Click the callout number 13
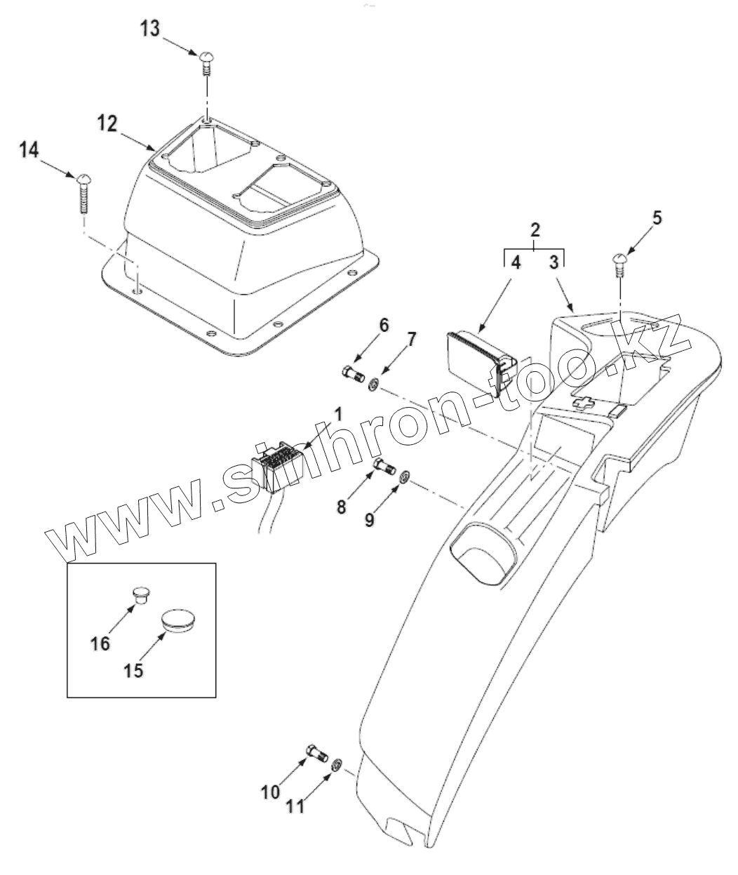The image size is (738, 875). (x=149, y=30)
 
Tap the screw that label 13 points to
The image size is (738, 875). (x=206, y=61)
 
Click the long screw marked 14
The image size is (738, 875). (x=83, y=189)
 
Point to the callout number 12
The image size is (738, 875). (x=107, y=123)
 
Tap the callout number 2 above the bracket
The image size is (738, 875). (x=535, y=229)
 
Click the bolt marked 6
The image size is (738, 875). (x=354, y=375)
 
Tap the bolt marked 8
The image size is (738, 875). (x=384, y=465)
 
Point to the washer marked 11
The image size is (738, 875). (x=337, y=763)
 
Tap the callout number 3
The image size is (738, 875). (x=553, y=264)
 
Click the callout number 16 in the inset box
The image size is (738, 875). (x=100, y=642)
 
